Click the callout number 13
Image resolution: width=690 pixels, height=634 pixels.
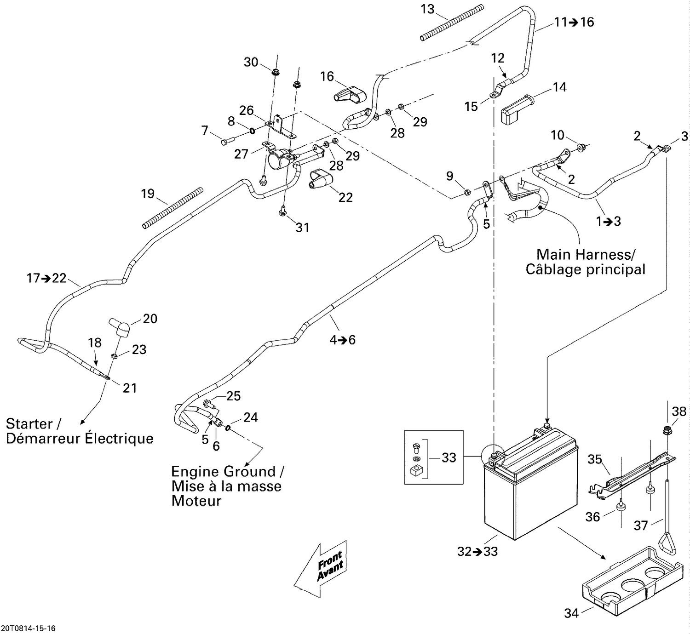(427, 9)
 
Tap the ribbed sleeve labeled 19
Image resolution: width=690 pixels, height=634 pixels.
(172, 207)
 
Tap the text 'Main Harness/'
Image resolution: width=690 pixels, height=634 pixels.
(586, 254)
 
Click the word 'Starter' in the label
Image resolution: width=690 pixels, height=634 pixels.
(29, 423)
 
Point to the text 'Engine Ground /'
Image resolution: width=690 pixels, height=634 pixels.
(227, 472)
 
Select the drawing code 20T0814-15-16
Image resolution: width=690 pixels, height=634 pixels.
(28, 628)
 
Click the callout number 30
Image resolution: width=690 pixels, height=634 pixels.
(251, 62)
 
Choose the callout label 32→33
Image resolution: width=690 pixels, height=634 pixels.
(477, 551)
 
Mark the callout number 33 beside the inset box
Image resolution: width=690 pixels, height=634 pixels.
(448, 457)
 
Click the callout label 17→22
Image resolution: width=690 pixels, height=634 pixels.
(46, 278)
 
